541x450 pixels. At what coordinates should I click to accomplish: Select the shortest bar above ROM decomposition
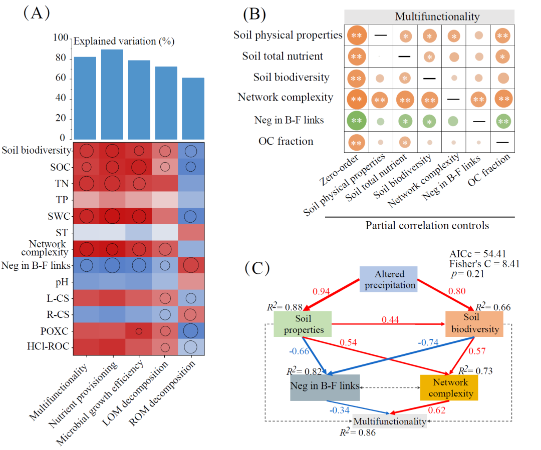pos(193,108)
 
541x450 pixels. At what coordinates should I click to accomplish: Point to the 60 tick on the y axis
pos(60,78)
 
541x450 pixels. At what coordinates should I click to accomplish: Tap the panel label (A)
pos(36,13)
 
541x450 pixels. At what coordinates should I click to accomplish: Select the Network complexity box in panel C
pos(449,387)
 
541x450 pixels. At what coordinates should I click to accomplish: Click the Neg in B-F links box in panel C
pos(325,386)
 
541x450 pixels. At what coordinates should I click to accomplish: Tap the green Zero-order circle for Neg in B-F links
pos(357,121)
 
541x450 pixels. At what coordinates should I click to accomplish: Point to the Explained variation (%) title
pos(124,41)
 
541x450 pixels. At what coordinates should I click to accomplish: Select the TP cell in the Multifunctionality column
pos(87,199)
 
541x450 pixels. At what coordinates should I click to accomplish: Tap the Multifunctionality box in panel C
pos(389,421)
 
